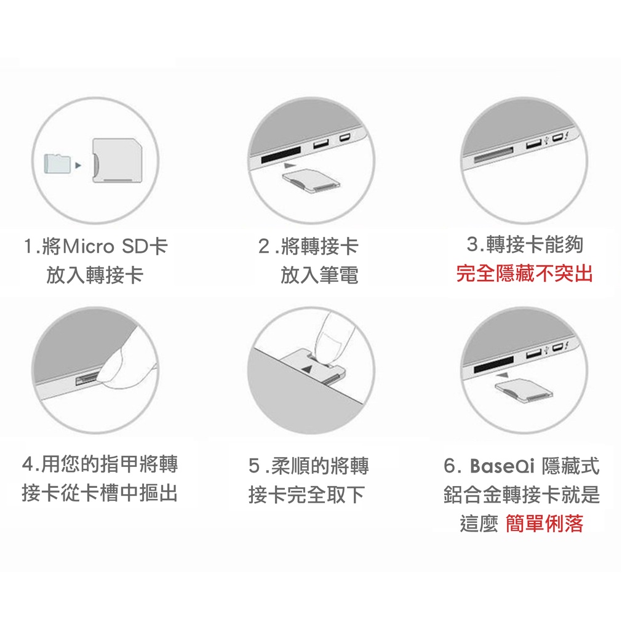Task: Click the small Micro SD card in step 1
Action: click(x=57, y=164)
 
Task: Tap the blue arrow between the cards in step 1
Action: click(x=78, y=165)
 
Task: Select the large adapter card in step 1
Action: click(x=117, y=161)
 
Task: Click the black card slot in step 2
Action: click(x=281, y=154)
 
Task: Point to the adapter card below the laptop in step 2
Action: click(x=311, y=181)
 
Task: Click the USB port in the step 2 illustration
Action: click(x=321, y=143)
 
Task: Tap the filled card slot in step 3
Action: click(x=494, y=155)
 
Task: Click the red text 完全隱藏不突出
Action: click(x=524, y=274)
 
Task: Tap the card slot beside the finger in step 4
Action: click(x=87, y=379)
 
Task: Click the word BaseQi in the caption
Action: click(x=502, y=466)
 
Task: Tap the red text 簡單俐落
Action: click(x=544, y=524)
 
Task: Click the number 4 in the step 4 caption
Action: click(x=27, y=465)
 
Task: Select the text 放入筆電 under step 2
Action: click(x=319, y=275)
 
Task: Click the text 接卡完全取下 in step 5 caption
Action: click(x=306, y=495)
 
